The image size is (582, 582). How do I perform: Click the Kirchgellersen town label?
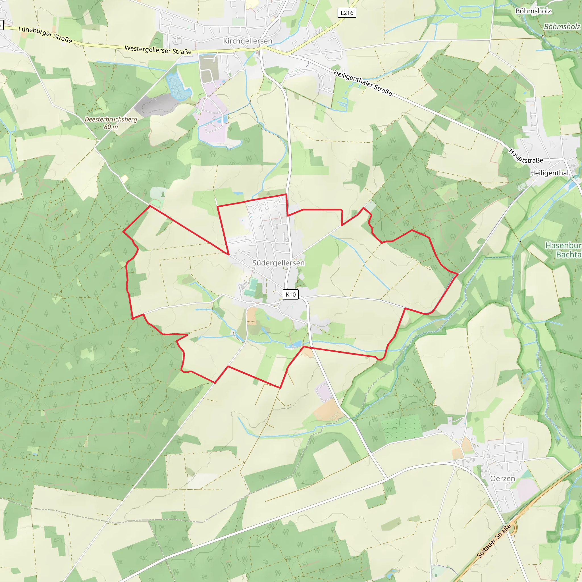point(248,41)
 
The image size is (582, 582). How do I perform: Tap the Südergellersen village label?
point(278,263)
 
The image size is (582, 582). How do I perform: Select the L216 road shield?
point(347,13)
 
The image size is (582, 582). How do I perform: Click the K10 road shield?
point(291,294)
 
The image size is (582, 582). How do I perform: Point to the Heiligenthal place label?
point(549,173)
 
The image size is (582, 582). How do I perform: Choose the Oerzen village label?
point(502,478)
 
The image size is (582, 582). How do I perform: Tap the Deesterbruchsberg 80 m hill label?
point(111,123)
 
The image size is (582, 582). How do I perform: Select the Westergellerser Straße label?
point(158,50)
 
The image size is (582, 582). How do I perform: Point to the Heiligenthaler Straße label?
point(363,83)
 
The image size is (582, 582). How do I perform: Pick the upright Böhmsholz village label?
point(533,11)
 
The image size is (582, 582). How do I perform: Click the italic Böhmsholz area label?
point(562,26)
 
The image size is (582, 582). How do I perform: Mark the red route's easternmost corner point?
point(458,274)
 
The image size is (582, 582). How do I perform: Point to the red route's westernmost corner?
point(123,232)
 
